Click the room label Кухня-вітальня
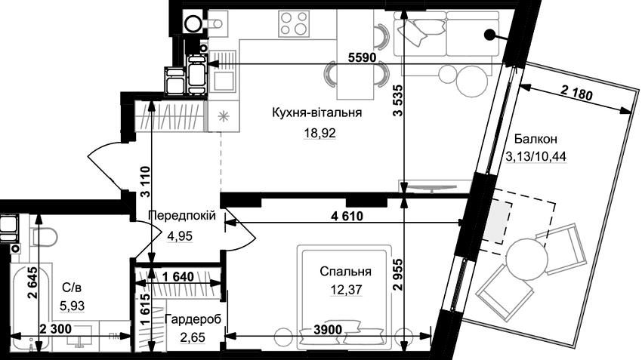click(317, 112)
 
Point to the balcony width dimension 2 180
click(577, 94)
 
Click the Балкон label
click(536, 139)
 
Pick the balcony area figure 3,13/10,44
click(536, 156)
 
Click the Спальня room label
click(345, 272)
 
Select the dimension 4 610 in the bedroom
click(347, 216)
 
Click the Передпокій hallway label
click(182, 216)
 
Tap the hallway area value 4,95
click(180, 236)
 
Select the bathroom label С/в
click(72, 288)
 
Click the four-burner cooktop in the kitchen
click(294, 23)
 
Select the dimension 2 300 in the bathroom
click(55, 328)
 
